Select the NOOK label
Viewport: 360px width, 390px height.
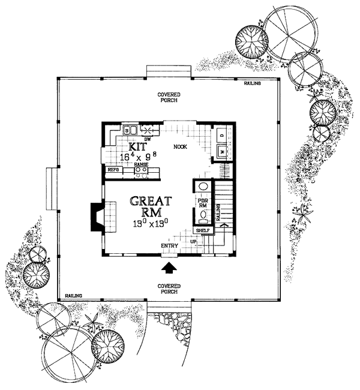[180, 146]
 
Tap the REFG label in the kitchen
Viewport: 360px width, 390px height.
[113, 170]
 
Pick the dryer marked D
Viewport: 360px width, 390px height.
[221, 136]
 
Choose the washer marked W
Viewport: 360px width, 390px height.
[221, 152]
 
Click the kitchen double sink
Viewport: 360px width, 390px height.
[131, 129]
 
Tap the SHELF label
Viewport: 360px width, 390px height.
[203, 229]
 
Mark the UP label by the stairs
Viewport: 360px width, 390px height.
[194, 241]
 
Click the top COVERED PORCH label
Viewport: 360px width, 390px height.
[170, 97]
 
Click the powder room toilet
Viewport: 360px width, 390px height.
[203, 214]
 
